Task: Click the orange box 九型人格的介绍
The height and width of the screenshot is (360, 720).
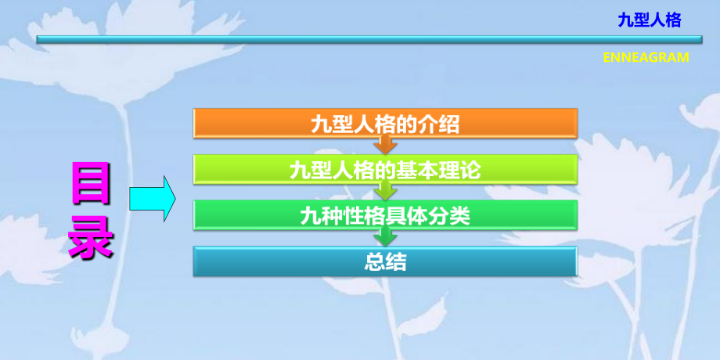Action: coord(385,123)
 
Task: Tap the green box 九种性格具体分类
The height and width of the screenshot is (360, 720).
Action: coord(385,214)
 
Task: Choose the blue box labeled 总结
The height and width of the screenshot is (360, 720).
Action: coord(385,261)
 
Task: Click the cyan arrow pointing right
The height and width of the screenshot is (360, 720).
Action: coord(151,199)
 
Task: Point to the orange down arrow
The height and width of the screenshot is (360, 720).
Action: coord(385,145)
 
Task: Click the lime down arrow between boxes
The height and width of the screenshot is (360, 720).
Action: coord(385,191)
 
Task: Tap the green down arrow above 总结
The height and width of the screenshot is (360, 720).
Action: coord(385,237)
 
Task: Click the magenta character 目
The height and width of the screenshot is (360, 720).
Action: coord(92,182)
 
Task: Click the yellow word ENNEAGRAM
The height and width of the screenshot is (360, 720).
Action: coord(646,57)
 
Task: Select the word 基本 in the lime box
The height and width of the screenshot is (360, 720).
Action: coord(423,169)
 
